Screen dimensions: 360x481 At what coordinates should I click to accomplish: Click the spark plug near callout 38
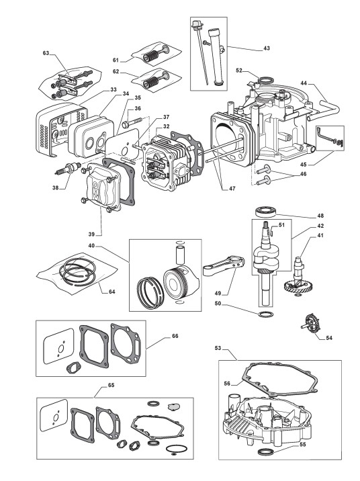[x=67, y=169]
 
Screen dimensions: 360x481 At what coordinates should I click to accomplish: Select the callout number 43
[x=267, y=48]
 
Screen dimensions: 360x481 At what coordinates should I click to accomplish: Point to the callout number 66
[x=175, y=336]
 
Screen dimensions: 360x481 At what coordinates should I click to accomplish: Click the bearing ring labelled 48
[x=266, y=212]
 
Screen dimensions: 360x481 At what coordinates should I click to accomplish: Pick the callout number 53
[x=218, y=348]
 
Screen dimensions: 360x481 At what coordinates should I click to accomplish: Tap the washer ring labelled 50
[x=265, y=314]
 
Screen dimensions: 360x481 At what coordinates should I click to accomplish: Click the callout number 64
[x=112, y=292]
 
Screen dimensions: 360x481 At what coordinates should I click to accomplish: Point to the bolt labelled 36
[x=132, y=122]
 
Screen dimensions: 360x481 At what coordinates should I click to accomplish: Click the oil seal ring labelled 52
[x=265, y=81]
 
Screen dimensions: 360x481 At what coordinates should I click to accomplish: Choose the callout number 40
[x=92, y=245]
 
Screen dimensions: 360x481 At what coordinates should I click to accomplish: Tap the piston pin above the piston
[x=180, y=253]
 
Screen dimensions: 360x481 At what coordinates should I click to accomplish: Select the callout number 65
[x=111, y=385]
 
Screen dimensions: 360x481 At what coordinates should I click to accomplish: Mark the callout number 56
[x=227, y=384]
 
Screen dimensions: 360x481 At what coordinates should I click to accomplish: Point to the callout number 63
[x=46, y=53]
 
